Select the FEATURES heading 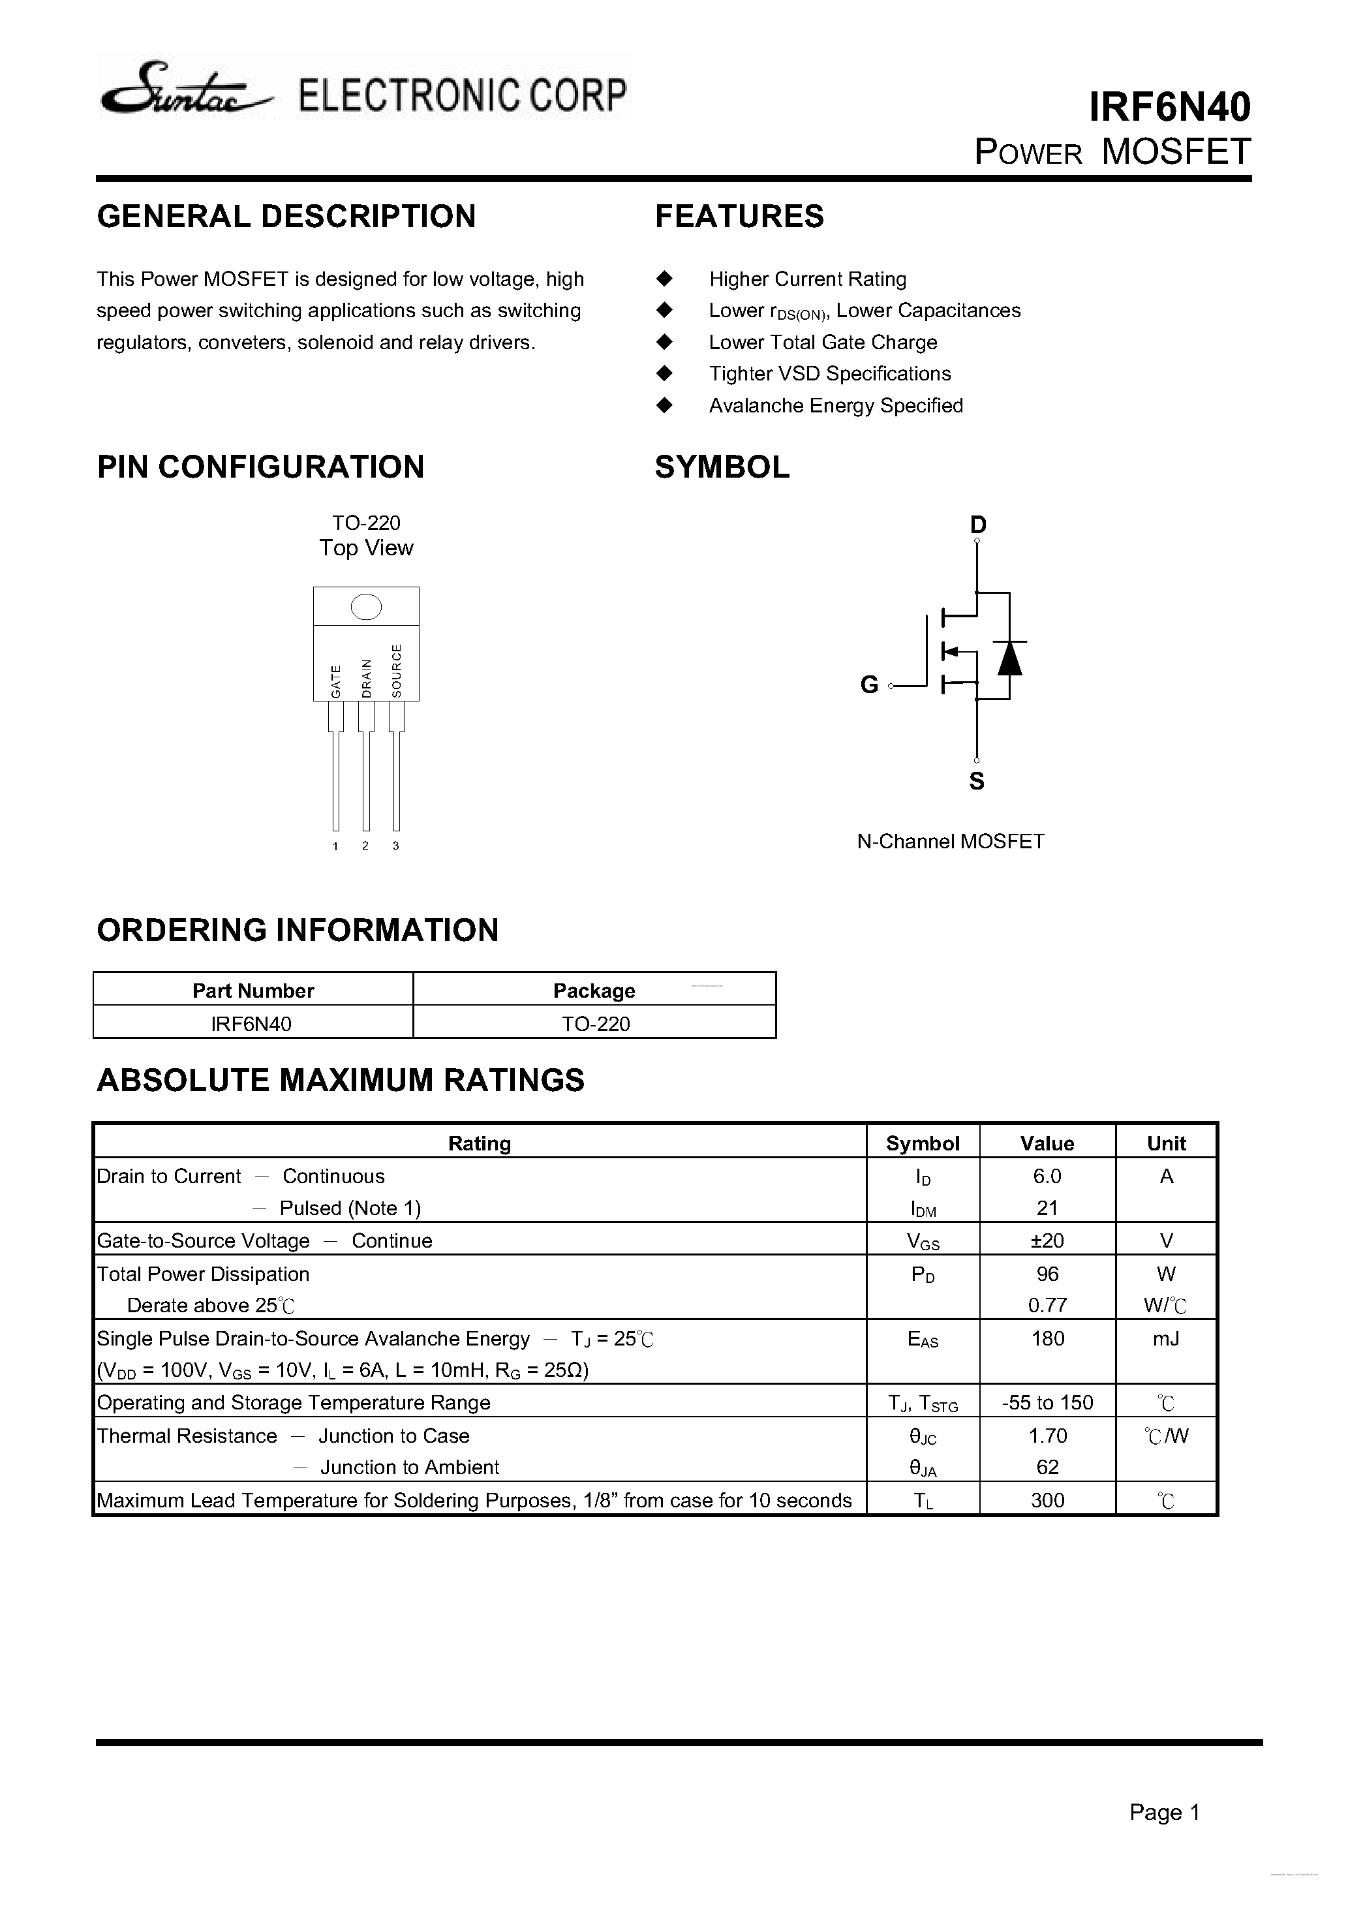click(739, 216)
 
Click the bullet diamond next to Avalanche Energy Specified click(664, 405)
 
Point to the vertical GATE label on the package click(336, 681)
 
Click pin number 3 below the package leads click(395, 846)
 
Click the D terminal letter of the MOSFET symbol click(977, 525)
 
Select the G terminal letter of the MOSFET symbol click(868, 685)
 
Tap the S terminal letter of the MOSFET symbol click(977, 781)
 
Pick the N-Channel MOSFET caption click(950, 841)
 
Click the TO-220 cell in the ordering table click(595, 1024)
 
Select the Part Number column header click(253, 991)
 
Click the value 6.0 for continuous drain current click(1047, 1176)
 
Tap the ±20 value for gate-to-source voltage click(1047, 1240)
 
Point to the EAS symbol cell click(923, 1339)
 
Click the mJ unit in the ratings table click(1165, 1339)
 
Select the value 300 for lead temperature click(1047, 1500)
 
